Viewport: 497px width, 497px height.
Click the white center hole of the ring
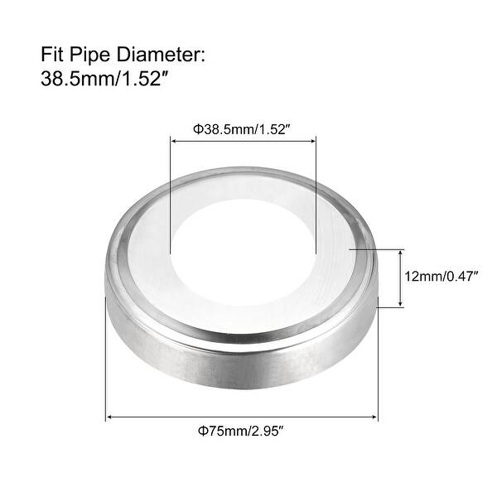[244, 232]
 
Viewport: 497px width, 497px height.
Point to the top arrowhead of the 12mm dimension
[402, 251]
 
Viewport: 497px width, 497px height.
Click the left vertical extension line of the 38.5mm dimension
[170, 199]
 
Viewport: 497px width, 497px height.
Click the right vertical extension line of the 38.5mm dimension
[316, 199]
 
